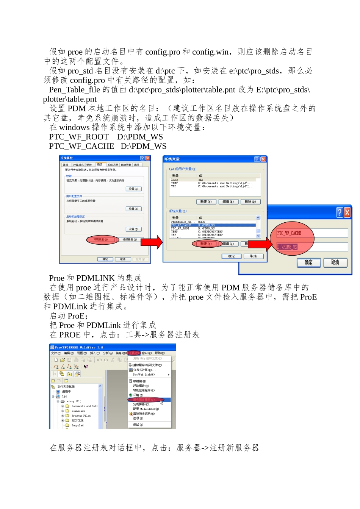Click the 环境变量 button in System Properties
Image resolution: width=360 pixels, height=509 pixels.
click(100, 240)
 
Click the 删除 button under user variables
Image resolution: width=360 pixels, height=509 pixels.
click(250, 202)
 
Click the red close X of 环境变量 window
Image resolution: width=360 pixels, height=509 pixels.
click(263, 159)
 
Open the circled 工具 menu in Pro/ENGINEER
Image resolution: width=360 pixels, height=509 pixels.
click(134, 353)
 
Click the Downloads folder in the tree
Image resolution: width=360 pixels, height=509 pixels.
click(78, 411)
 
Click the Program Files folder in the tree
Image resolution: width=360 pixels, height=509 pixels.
click(81, 416)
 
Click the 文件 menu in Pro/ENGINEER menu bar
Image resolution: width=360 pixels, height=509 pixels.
click(56, 353)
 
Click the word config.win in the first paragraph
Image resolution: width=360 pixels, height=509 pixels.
click(210, 52)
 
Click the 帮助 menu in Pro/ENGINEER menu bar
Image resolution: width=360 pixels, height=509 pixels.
click(160, 353)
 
